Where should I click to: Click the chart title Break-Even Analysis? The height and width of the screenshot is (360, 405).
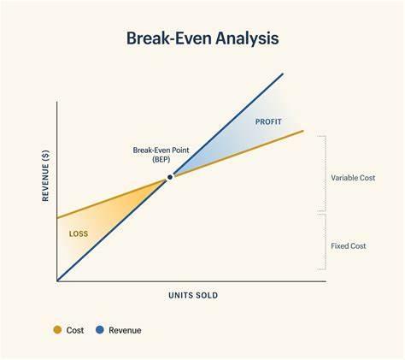(x=202, y=38)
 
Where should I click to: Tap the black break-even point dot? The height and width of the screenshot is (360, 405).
(x=170, y=177)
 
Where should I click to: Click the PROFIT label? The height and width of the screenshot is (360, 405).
(x=267, y=121)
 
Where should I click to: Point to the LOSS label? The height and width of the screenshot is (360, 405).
(x=79, y=233)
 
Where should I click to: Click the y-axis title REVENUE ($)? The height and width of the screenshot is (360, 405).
(x=46, y=176)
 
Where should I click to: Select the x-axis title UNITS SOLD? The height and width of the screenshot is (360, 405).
(x=192, y=295)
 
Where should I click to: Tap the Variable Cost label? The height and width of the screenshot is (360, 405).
(x=353, y=178)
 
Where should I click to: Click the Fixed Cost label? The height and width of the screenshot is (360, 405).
(x=349, y=245)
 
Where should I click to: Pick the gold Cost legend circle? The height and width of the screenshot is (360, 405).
(x=57, y=330)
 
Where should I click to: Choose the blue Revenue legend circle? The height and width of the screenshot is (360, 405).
(x=100, y=330)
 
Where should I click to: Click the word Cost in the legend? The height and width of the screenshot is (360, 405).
(x=75, y=330)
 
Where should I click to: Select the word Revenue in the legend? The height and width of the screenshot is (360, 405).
(x=125, y=330)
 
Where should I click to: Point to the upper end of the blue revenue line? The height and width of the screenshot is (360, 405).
(x=282, y=74)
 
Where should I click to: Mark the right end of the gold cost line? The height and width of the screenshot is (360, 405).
(x=302, y=131)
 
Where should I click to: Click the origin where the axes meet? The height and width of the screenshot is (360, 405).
(x=57, y=280)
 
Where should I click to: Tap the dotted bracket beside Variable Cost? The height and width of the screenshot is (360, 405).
(x=323, y=174)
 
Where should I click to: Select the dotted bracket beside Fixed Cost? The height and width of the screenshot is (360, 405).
(x=323, y=246)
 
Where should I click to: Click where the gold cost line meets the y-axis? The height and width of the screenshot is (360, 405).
(x=57, y=216)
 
